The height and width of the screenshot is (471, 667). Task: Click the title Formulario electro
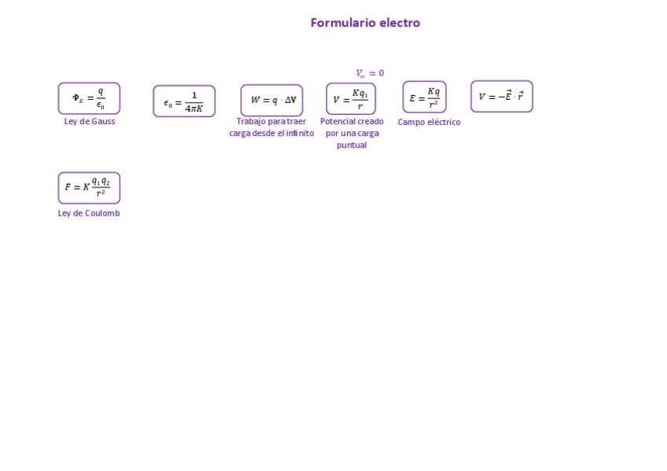click(365, 23)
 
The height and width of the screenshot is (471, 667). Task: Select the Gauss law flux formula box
click(89, 98)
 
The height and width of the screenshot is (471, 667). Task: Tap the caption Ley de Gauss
click(90, 121)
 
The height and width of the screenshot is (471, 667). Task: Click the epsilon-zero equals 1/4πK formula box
click(184, 101)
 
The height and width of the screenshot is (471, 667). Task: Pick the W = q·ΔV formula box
click(271, 100)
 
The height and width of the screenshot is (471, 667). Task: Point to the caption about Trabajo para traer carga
click(271, 127)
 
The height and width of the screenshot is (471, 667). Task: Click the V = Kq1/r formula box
click(351, 99)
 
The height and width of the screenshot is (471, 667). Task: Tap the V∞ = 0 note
click(370, 73)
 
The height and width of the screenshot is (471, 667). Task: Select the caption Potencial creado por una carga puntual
click(352, 133)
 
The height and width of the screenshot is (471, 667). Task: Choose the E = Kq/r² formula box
click(425, 98)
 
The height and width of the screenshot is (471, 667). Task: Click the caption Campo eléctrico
click(429, 122)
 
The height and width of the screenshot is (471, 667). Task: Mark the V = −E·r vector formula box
click(502, 97)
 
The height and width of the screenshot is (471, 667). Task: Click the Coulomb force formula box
click(89, 188)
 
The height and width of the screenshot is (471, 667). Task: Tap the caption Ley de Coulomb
click(89, 213)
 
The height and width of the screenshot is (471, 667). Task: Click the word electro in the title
click(400, 23)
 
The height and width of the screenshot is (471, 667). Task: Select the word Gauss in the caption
click(101, 121)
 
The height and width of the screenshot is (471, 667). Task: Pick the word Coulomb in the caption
click(102, 213)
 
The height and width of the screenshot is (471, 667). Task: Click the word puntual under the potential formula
click(352, 145)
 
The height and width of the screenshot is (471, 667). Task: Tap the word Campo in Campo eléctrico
click(411, 122)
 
